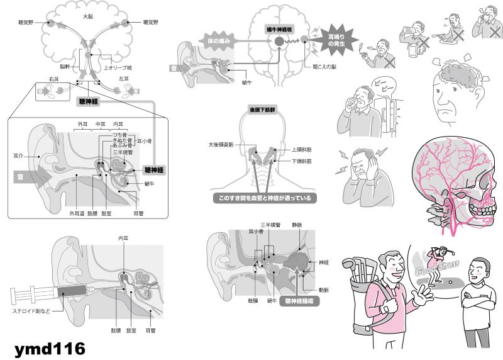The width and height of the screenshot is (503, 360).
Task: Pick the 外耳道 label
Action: pyautogui.click(x=76, y=213)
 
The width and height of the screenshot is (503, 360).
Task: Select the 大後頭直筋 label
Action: pyautogui.click(x=221, y=145)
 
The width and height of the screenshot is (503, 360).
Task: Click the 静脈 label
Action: pyautogui.click(x=297, y=224)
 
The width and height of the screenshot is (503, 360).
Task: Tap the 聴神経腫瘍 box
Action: pyautogui.click(x=304, y=301)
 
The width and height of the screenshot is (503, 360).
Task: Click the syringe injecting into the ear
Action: pyautogui.click(x=50, y=291)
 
